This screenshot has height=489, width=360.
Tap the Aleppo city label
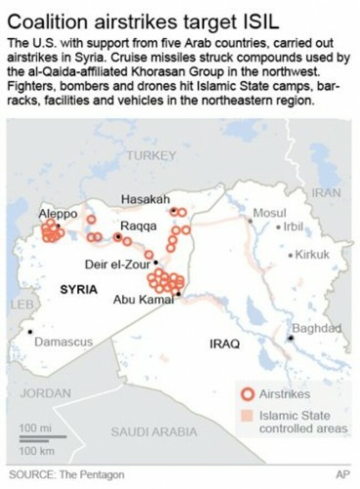(x=54, y=214)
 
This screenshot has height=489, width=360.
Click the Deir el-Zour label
(x=117, y=264)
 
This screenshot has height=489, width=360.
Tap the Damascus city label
(x=64, y=342)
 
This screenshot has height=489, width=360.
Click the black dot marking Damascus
(x=30, y=332)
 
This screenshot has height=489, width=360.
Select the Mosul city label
(x=269, y=213)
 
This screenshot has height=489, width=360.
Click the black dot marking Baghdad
(x=290, y=337)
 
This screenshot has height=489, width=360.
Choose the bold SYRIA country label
(x=78, y=289)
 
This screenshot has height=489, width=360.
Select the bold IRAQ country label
(x=224, y=344)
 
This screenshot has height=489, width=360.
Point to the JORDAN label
(x=45, y=394)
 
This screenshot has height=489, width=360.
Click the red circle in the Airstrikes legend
(x=249, y=394)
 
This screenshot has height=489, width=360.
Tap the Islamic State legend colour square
(x=249, y=415)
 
